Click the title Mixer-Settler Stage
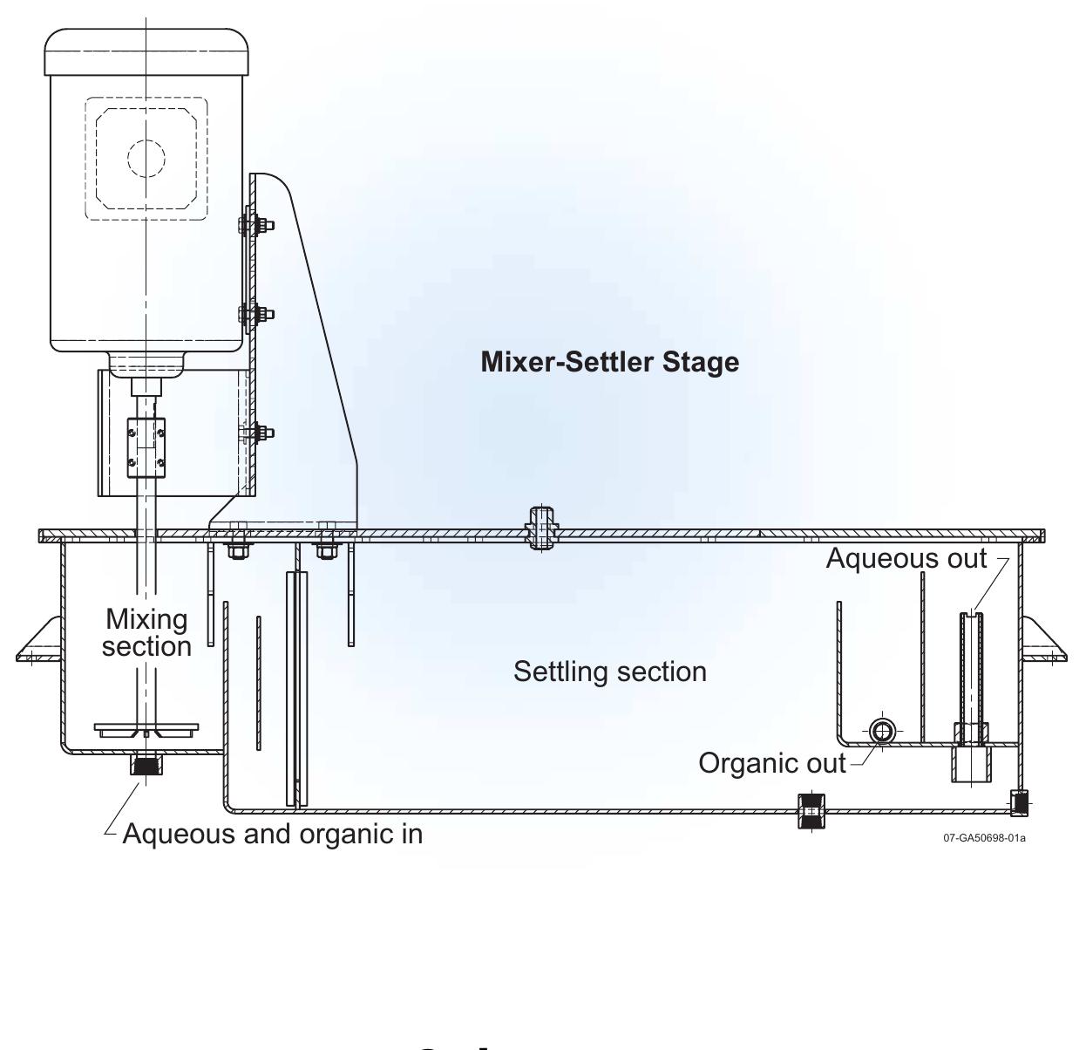pyautogui.click(x=609, y=362)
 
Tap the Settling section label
pyautogui.click(x=609, y=672)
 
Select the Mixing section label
pyautogui.click(x=146, y=632)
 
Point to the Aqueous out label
pyautogui.click(x=906, y=558)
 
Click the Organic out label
pyautogui.click(x=771, y=763)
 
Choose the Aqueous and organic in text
pyautogui.click(x=272, y=834)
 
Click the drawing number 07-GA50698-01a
pyautogui.click(x=984, y=838)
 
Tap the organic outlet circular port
pyautogui.click(x=882, y=731)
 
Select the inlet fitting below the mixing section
pyautogui.click(x=145, y=765)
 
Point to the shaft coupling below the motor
pyautogui.click(x=146, y=447)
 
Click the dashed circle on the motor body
pyautogui.click(x=146, y=158)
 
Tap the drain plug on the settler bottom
pyautogui.click(x=811, y=811)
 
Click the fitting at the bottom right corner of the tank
pyautogui.click(x=1019, y=802)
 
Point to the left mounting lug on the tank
pyautogui.click(x=38, y=641)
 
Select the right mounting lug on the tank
pyautogui.click(x=1043, y=641)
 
